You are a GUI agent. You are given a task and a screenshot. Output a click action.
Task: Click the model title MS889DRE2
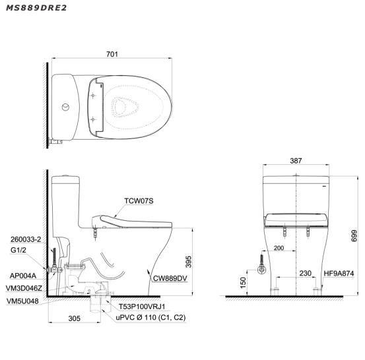click(x=36, y=8)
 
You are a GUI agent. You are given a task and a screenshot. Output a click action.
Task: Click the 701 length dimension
click(x=112, y=54)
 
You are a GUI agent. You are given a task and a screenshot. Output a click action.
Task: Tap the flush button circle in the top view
click(x=65, y=107)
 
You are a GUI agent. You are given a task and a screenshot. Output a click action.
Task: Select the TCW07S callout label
click(x=139, y=200)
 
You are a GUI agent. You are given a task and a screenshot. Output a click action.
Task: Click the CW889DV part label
click(x=170, y=278)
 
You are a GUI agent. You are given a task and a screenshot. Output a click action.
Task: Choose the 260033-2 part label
click(x=26, y=239)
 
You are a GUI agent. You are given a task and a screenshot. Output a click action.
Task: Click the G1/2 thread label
click(x=18, y=250)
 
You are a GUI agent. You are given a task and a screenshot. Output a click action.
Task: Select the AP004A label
click(x=23, y=276)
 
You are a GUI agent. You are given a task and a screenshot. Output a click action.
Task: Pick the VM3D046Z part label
click(x=24, y=288)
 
